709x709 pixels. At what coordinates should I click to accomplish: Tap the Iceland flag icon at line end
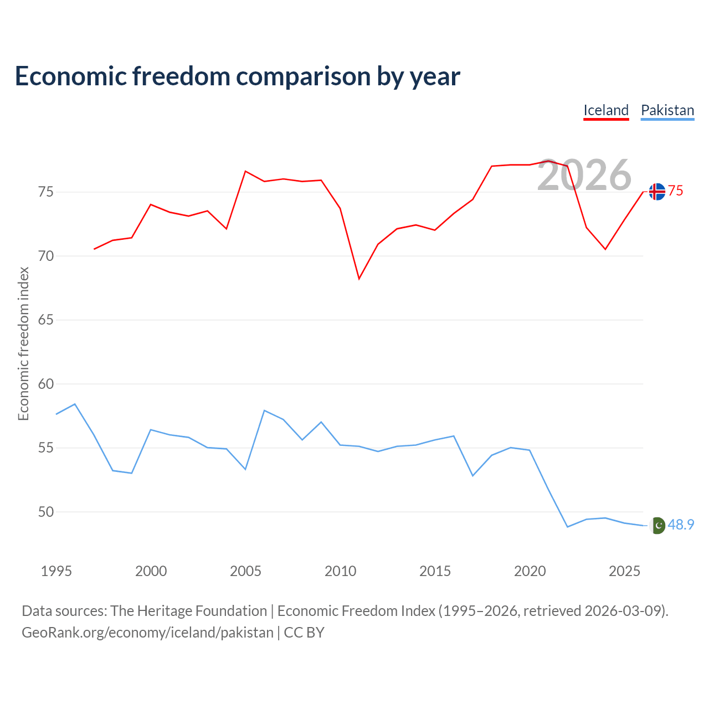[x=657, y=192]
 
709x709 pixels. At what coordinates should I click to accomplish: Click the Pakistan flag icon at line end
[x=657, y=526]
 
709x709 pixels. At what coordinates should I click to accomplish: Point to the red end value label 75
[x=676, y=191]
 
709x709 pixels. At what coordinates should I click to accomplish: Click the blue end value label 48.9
[x=681, y=525]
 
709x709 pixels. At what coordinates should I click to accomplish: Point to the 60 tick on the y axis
[x=46, y=384]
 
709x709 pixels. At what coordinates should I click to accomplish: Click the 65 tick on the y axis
[x=46, y=320]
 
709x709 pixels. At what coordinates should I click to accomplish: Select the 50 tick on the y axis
[x=46, y=512]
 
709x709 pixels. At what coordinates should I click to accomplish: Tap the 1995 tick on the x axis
[x=56, y=571]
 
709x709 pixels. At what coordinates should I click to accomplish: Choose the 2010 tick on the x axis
[x=340, y=571]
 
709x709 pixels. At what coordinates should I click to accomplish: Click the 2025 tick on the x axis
[x=624, y=571]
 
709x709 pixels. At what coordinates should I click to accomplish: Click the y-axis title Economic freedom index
[x=23, y=343]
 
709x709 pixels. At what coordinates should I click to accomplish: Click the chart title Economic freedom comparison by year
[x=238, y=76]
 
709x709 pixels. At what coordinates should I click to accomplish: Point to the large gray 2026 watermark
[x=584, y=175]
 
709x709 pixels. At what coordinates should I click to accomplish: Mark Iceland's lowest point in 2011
[x=359, y=279]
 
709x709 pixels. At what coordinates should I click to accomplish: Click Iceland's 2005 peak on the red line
[x=245, y=171]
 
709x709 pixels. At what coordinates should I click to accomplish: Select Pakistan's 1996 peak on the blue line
[x=75, y=404]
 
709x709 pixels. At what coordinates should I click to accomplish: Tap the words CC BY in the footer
[x=304, y=633]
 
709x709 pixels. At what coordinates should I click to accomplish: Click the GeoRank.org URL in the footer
[x=147, y=633]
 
